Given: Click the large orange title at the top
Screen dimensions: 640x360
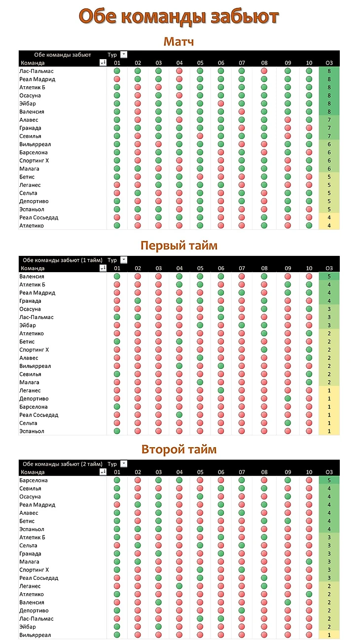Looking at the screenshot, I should coord(179,17).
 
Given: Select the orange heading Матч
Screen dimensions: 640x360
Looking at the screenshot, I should coord(179,41).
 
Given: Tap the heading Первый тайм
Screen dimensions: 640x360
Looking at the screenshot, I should coord(179,246).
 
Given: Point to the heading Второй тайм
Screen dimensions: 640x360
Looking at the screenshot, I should coord(179,450).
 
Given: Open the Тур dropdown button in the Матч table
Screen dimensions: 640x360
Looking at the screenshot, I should coord(124,55).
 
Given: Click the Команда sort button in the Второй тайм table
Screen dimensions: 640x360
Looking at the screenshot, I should coord(103,472).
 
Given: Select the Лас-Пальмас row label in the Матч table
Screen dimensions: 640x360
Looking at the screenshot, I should coord(36,71).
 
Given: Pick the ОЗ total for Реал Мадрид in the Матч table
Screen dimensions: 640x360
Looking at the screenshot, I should coord(329,79).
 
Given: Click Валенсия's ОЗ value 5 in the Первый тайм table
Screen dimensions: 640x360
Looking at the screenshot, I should coord(329,277).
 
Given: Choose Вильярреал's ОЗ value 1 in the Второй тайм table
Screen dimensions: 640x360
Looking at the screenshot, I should coord(329,635).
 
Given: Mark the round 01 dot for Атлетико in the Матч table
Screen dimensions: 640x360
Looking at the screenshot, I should coord(117,226).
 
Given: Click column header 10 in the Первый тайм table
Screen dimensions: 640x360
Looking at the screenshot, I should coord(309,268).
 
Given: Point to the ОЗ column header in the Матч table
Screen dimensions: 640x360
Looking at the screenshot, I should coord(329,63).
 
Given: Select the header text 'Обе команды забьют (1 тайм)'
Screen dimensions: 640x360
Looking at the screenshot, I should coord(63,260).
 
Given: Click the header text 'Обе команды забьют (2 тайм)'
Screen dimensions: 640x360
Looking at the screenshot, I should coord(63,464).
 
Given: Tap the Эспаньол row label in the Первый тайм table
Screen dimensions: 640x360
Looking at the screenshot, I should coord(32,431).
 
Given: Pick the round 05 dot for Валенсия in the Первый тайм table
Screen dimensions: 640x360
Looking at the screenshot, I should coord(200,277).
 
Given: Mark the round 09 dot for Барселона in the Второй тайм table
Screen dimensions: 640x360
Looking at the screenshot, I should coord(288,480).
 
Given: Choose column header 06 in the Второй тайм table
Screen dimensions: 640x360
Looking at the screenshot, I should coord(220,472).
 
